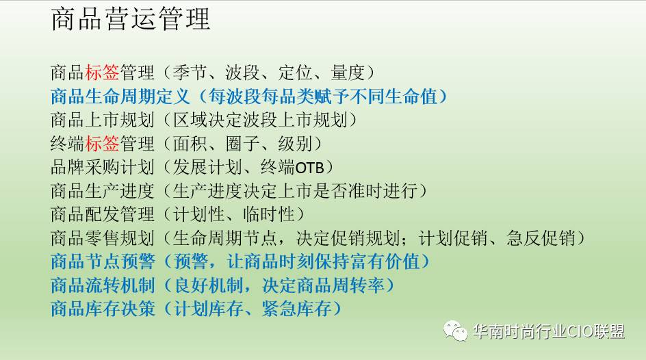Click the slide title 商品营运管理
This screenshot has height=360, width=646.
click(x=131, y=19)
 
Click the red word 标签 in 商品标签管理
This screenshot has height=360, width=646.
click(x=102, y=73)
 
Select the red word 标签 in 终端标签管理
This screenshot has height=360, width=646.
click(x=102, y=144)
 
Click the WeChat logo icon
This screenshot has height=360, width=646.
click(x=455, y=331)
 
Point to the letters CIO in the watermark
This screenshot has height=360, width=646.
click(x=580, y=331)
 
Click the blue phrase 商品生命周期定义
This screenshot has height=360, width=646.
click(x=120, y=97)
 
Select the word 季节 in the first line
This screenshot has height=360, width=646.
click(x=190, y=73)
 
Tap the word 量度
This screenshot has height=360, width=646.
click(x=348, y=73)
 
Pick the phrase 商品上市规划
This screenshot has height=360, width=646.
click(x=102, y=120)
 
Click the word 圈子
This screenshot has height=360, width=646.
click(x=242, y=144)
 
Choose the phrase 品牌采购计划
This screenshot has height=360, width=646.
click(x=102, y=167)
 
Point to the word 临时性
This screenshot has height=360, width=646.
click(x=269, y=215)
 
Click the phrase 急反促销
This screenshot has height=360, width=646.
click(x=541, y=238)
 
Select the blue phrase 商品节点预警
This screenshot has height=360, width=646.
click(x=103, y=261)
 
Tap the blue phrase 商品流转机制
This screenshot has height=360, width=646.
click(x=103, y=285)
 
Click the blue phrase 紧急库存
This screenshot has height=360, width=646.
click(x=296, y=309)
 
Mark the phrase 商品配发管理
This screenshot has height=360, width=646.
click(x=102, y=215)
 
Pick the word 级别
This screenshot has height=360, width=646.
click(x=295, y=144)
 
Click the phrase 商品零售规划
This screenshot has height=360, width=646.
click(x=102, y=238)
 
